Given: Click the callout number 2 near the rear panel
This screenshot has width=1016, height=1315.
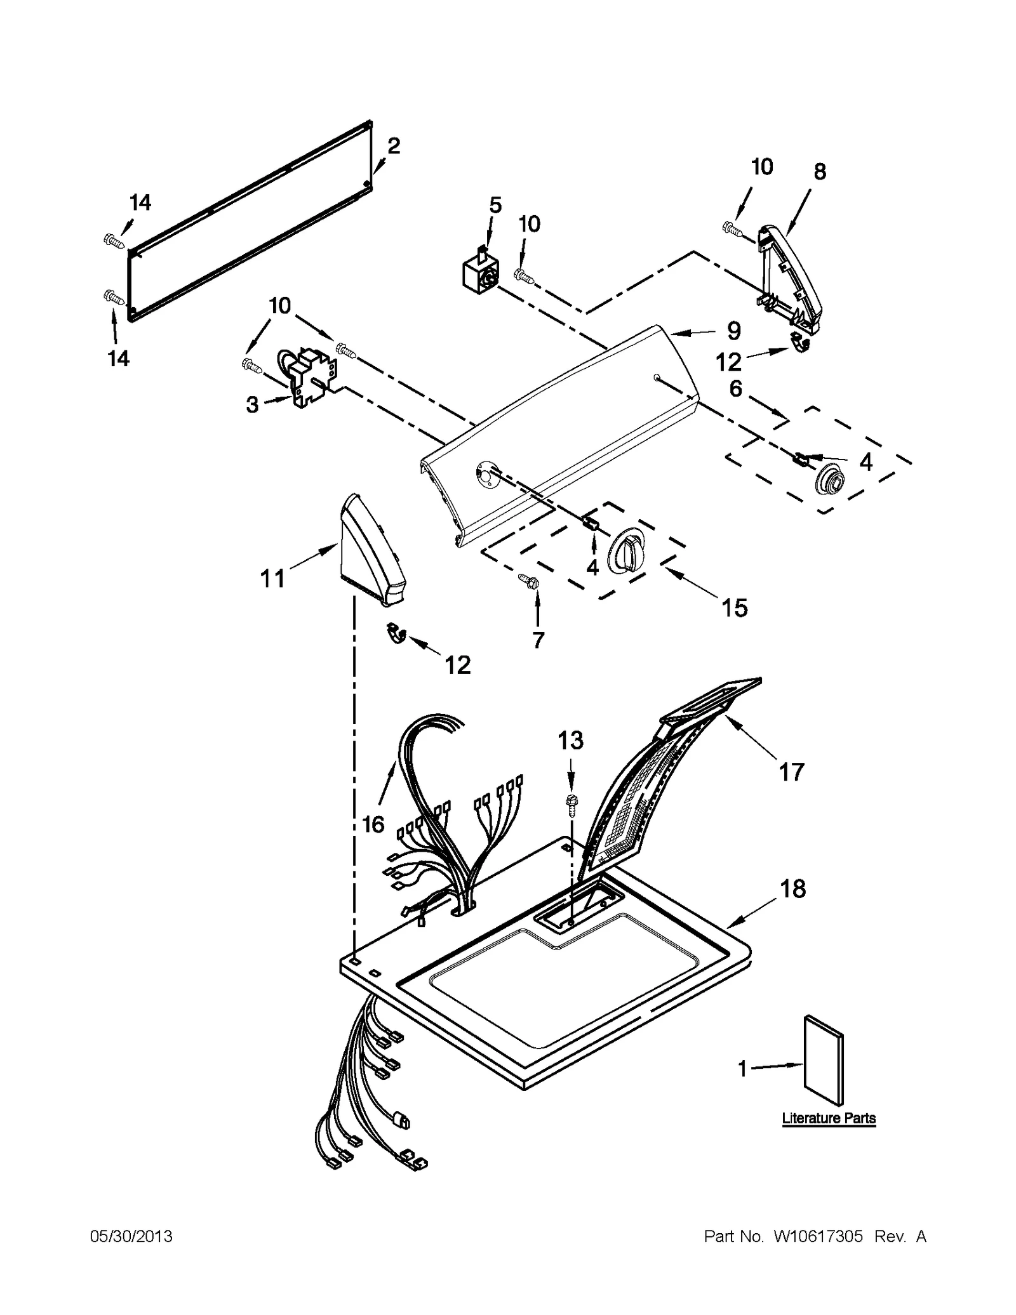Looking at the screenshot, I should (x=393, y=147).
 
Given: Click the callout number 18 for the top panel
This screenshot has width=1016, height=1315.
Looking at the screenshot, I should (x=793, y=889).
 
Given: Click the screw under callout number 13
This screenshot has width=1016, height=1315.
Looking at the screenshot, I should (x=570, y=802).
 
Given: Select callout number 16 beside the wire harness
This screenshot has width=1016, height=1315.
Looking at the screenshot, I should (x=373, y=824).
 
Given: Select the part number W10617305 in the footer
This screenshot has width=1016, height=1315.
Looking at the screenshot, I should (x=818, y=1237).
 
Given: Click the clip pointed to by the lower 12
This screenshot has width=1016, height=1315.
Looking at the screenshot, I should (x=396, y=633).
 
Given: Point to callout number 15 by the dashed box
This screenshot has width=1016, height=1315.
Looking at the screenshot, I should (x=734, y=608).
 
